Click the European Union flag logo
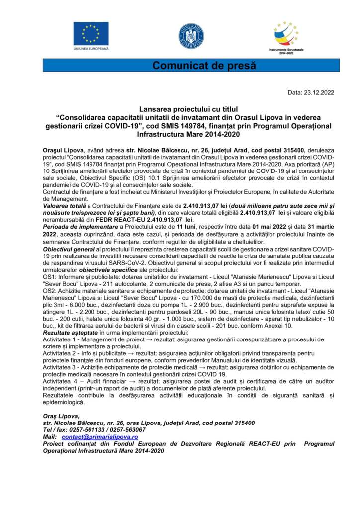point(91,33)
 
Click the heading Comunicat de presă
point(203,65)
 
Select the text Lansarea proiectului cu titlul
point(188,108)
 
